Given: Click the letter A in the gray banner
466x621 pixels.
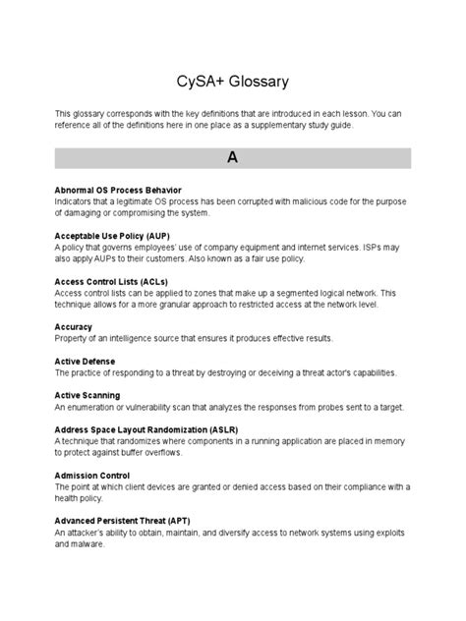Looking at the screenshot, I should click(x=232, y=157).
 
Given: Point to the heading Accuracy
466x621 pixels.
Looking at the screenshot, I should click(x=74, y=327).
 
